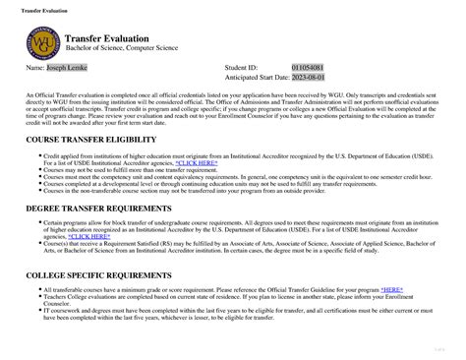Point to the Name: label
pos(34,69)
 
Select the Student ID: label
pos(241,69)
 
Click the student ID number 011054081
pos(308,69)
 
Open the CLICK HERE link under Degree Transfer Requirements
pos(87,236)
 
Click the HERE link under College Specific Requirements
pos(391,290)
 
